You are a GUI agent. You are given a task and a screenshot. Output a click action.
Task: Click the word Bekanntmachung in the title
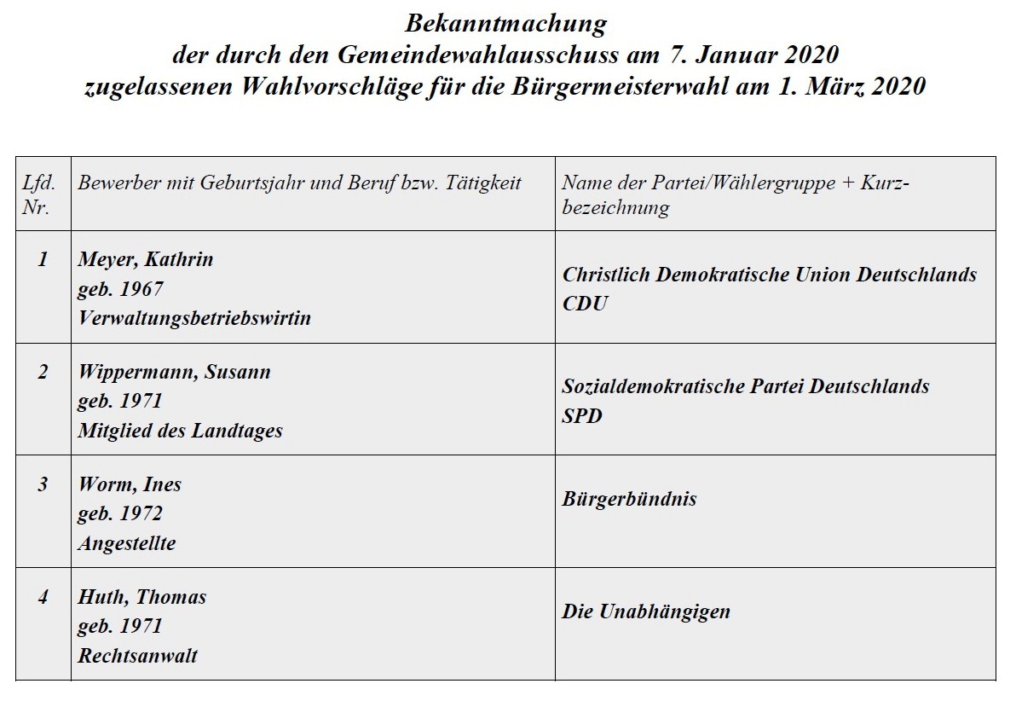(x=505, y=22)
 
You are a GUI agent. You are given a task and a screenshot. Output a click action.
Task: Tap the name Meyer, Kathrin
(x=145, y=260)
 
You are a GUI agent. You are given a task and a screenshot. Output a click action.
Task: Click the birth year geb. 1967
(x=119, y=289)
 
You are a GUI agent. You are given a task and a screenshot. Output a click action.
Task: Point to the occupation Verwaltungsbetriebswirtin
(x=194, y=318)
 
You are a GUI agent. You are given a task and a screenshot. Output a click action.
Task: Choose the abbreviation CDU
(x=586, y=304)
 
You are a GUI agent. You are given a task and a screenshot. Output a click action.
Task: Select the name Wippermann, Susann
(x=174, y=373)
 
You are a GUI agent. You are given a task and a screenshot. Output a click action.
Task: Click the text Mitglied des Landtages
(x=180, y=431)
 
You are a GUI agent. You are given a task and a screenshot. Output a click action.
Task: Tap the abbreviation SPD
(x=582, y=416)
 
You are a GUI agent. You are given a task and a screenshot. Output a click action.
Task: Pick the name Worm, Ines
(x=130, y=485)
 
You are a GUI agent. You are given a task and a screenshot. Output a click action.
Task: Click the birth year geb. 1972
(x=119, y=514)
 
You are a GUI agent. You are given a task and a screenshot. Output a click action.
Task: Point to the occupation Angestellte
(x=127, y=543)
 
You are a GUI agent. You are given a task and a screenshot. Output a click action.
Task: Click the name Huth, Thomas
(x=141, y=598)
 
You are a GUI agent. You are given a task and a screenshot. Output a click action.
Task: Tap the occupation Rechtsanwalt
(x=138, y=656)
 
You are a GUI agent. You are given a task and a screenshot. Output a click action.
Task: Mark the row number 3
(x=43, y=485)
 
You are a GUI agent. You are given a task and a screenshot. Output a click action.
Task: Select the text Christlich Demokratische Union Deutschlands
(x=769, y=275)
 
